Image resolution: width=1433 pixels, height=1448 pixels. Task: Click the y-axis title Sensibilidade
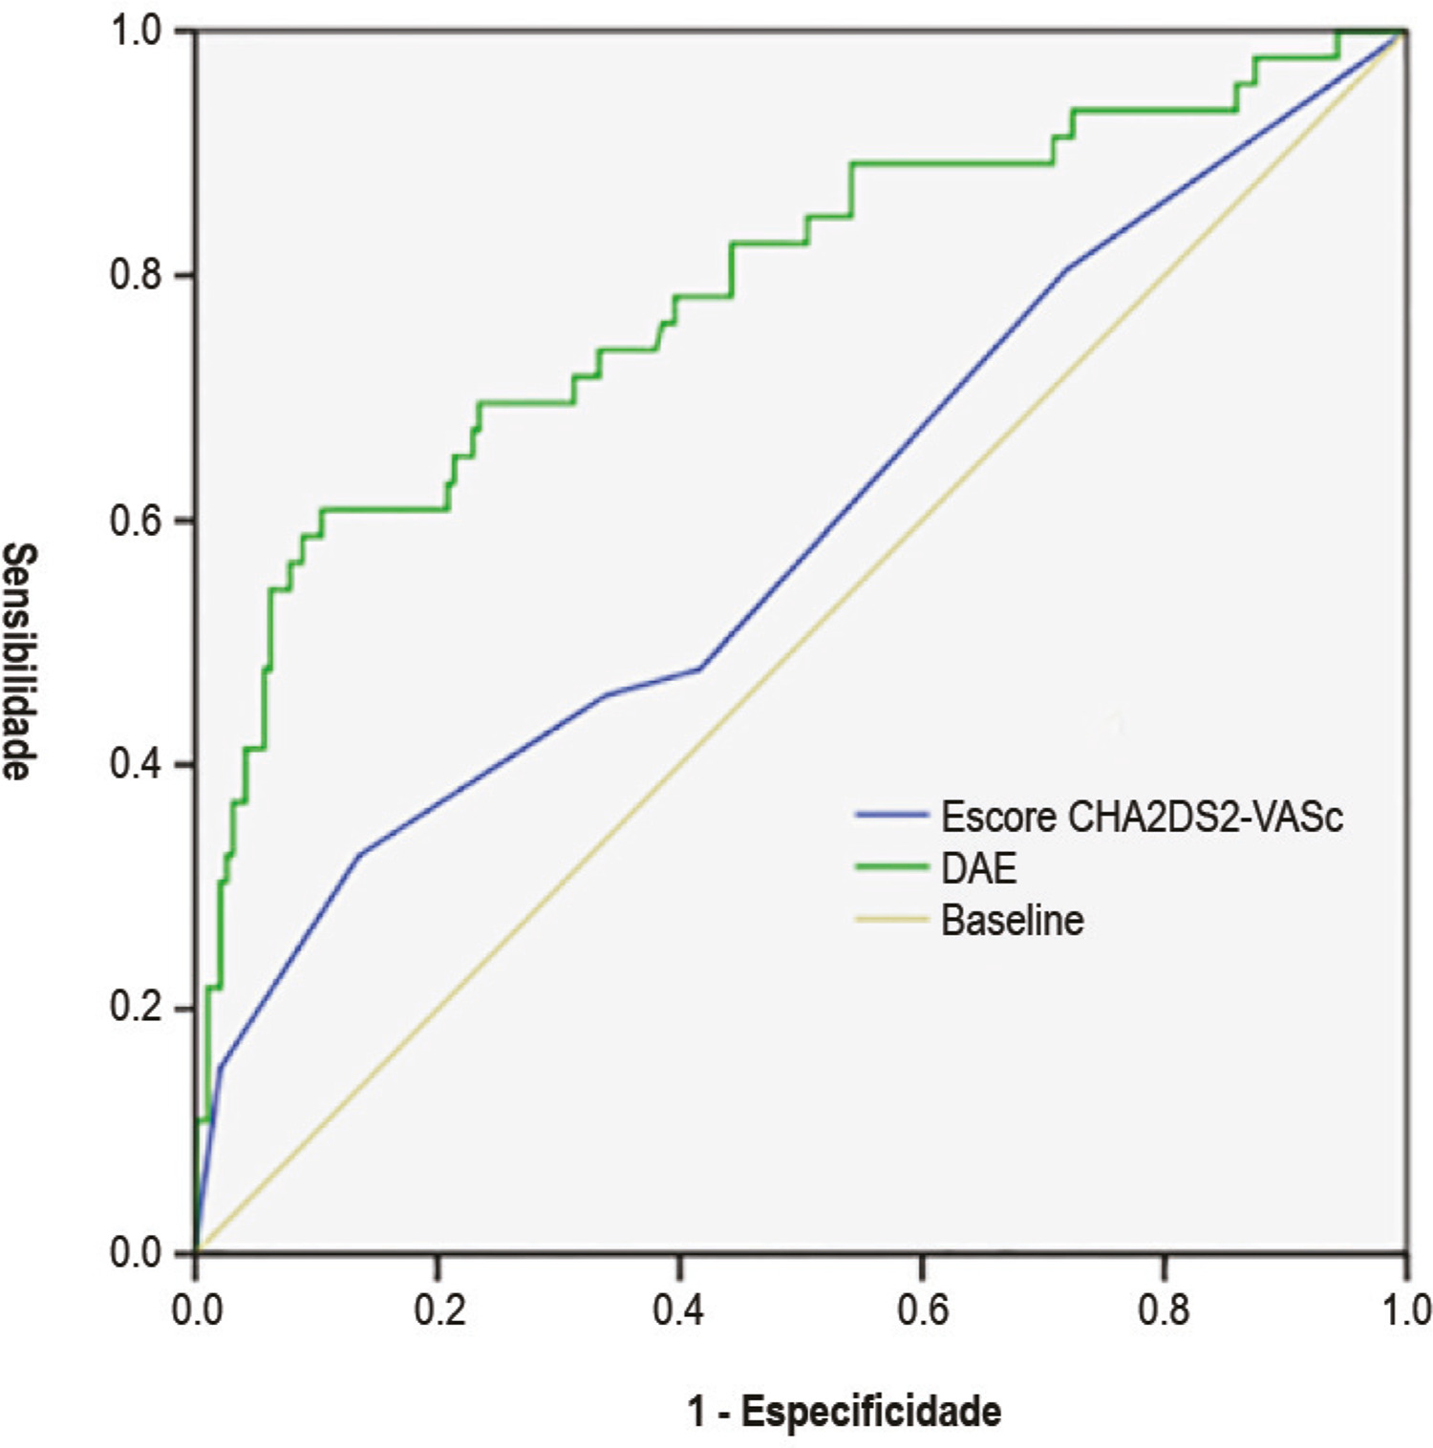[x=20, y=662]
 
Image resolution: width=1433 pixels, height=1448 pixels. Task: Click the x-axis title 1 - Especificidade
[x=845, y=1411]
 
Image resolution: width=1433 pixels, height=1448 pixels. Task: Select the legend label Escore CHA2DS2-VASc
[x=1142, y=817]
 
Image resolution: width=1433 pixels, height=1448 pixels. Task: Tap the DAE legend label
[x=978, y=868]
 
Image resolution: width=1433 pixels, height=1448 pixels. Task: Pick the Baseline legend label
[x=1013, y=921]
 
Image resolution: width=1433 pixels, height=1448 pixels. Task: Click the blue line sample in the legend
[x=892, y=815]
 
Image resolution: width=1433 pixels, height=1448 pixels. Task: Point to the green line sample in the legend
[x=892, y=867]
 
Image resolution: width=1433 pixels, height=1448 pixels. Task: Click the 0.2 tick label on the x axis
[x=439, y=1310]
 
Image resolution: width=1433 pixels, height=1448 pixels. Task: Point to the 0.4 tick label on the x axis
[x=680, y=1310]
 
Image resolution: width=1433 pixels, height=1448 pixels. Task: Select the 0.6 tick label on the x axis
[x=923, y=1310]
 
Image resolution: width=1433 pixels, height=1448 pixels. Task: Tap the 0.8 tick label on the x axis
[x=1165, y=1310]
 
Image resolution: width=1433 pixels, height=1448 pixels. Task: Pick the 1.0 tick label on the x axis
[x=1403, y=1310]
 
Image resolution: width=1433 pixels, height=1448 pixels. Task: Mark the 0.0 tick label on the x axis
[x=198, y=1310]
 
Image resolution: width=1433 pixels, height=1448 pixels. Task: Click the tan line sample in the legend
[x=892, y=920]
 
